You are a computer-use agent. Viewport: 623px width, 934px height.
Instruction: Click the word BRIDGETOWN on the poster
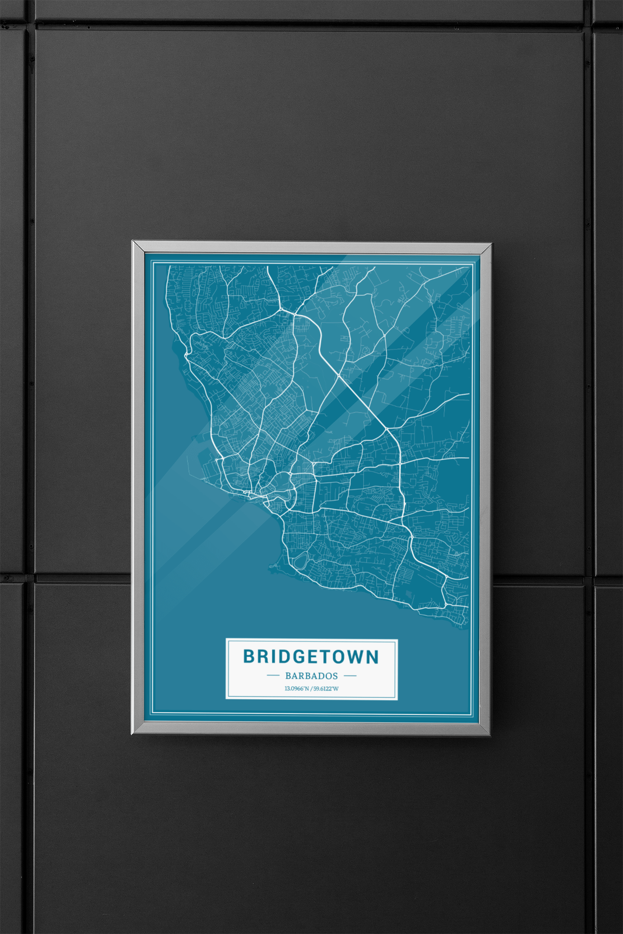pos(311,656)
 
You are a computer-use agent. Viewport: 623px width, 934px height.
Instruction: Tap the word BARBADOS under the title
pos(311,676)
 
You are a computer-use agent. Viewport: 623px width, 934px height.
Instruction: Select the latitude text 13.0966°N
pos(296,688)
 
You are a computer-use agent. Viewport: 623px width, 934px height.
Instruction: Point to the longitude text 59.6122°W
pos(326,688)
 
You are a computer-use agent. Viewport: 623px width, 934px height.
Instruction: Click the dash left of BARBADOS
pos(273,675)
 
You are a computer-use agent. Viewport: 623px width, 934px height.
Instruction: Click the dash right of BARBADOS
pos(350,675)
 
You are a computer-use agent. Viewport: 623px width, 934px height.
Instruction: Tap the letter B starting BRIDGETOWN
pos(249,656)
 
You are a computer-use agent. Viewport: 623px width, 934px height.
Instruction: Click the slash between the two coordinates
pos(311,688)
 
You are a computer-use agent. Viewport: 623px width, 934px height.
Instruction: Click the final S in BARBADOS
pos(335,676)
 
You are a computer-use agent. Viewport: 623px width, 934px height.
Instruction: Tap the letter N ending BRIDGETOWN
pos(373,656)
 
